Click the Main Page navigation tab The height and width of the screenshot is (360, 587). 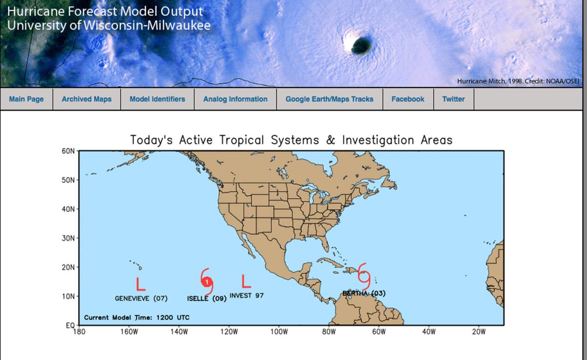coord(26,99)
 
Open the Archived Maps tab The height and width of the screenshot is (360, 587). coord(87,99)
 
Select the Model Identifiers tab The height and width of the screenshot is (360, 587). coord(157,99)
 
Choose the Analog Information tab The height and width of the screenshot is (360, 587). coord(235,99)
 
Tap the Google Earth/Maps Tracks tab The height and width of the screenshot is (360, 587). coord(329,99)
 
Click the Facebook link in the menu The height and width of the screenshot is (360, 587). coord(407,99)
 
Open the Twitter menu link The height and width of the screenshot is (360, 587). coord(453,99)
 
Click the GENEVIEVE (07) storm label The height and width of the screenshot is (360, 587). coord(141,298)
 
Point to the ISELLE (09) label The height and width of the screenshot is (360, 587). coord(206,298)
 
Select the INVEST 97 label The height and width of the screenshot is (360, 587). coord(247,295)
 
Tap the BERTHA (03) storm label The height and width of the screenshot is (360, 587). coord(364,293)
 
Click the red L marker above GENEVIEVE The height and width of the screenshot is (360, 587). coord(140,284)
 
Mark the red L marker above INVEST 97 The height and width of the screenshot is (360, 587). coord(246,280)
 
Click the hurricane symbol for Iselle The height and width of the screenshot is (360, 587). coord(207,282)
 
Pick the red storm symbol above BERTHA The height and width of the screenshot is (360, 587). coord(364,275)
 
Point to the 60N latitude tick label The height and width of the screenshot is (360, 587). coord(68,151)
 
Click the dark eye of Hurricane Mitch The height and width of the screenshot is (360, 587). coord(361,46)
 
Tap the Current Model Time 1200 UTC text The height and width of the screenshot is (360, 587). coord(136,317)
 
